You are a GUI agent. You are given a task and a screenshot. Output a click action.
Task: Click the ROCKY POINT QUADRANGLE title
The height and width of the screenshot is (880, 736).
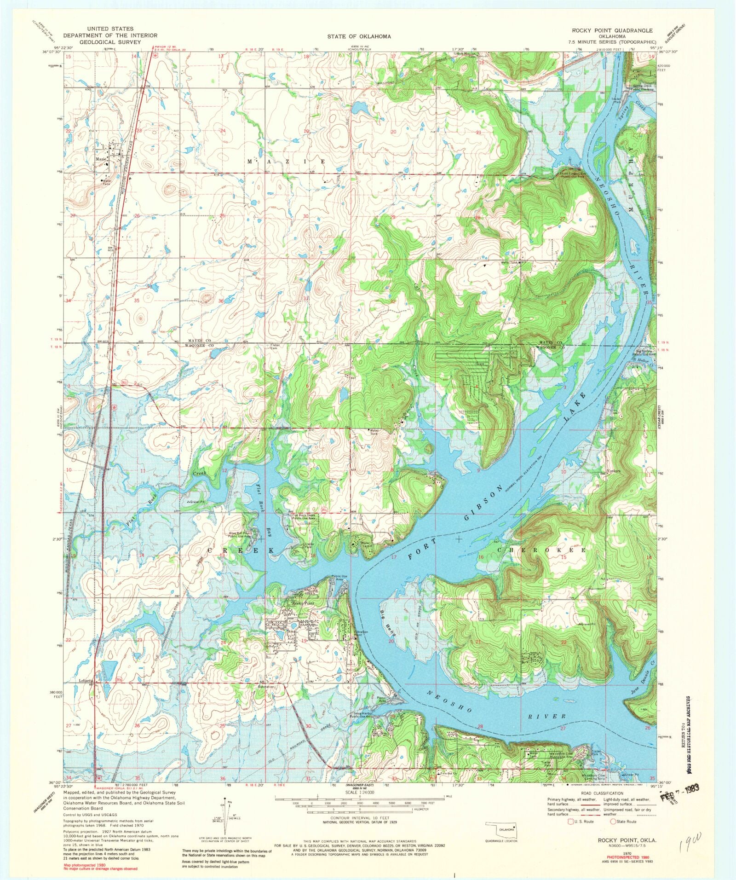click(x=612, y=30)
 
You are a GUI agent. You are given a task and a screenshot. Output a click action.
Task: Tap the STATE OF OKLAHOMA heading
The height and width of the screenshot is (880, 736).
click(x=359, y=36)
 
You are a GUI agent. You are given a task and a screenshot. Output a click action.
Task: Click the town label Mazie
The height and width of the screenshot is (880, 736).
click(x=101, y=159)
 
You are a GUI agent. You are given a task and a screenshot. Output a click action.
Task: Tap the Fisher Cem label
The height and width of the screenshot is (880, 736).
click(x=275, y=347)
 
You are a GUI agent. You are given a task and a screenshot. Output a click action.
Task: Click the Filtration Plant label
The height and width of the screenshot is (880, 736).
click(x=361, y=633)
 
